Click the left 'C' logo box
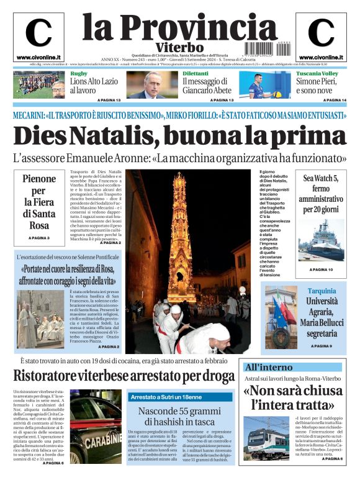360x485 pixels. [x=38, y=34]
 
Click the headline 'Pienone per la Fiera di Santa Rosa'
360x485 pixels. [x=38, y=202]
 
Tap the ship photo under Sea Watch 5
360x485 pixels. [x=321, y=239]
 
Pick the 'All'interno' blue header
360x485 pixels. [x=265, y=367]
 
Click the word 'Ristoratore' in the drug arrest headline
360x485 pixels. [x=58, y=375]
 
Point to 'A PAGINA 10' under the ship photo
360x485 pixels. [x=321, y=270]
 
